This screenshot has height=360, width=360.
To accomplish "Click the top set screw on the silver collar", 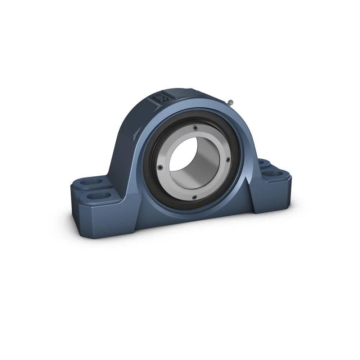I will (x=195, y=128).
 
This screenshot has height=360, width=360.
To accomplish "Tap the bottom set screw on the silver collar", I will (x=194, y=197).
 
